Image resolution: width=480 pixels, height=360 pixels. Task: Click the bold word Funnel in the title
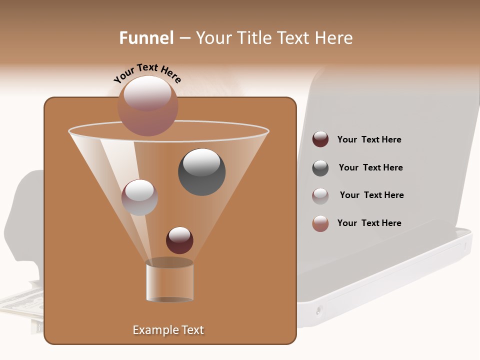click(146, 38)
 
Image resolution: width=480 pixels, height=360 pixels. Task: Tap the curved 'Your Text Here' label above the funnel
click(147, 74)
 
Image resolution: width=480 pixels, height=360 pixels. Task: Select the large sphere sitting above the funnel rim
click(148, 105)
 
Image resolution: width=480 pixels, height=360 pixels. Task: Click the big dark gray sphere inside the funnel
click(202, 172)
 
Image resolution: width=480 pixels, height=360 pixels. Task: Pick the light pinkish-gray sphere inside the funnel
click(140, 197)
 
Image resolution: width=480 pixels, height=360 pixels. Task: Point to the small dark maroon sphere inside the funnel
click(179, 240)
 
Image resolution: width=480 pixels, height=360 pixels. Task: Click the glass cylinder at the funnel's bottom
click(169, 281)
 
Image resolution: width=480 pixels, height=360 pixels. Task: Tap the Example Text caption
click(168, 330)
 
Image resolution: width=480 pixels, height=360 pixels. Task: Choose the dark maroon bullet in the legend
click(320, 139)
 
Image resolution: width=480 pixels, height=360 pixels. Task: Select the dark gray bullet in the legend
click(320, 168)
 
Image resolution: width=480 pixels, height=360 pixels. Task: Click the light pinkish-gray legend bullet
click(320, 196)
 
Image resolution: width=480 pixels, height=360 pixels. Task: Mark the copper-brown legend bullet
click(320, 223)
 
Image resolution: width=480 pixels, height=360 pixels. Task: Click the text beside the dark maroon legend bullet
click(369, 140)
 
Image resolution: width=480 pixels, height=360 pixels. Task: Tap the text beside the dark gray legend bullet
click(370, 168)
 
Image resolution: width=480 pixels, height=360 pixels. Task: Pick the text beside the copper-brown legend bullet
click(369, 223)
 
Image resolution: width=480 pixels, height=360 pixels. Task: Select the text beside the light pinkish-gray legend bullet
click(371, 195)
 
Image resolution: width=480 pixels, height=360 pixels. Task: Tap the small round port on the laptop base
click(319, 311)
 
